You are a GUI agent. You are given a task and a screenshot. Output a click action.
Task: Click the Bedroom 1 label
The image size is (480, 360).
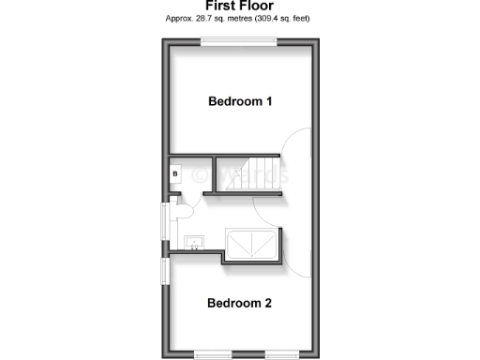point(240,101)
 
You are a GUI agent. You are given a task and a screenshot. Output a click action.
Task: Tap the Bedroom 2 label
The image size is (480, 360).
point(240,303)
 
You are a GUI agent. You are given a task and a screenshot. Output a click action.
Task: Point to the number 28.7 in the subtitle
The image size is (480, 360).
point(212,19)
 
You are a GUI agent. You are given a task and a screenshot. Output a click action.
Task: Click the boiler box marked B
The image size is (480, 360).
point(175,173)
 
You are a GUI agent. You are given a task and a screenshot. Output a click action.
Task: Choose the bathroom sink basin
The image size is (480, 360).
point(195,243)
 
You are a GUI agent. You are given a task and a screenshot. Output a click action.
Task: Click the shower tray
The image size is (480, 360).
point(251,243)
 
